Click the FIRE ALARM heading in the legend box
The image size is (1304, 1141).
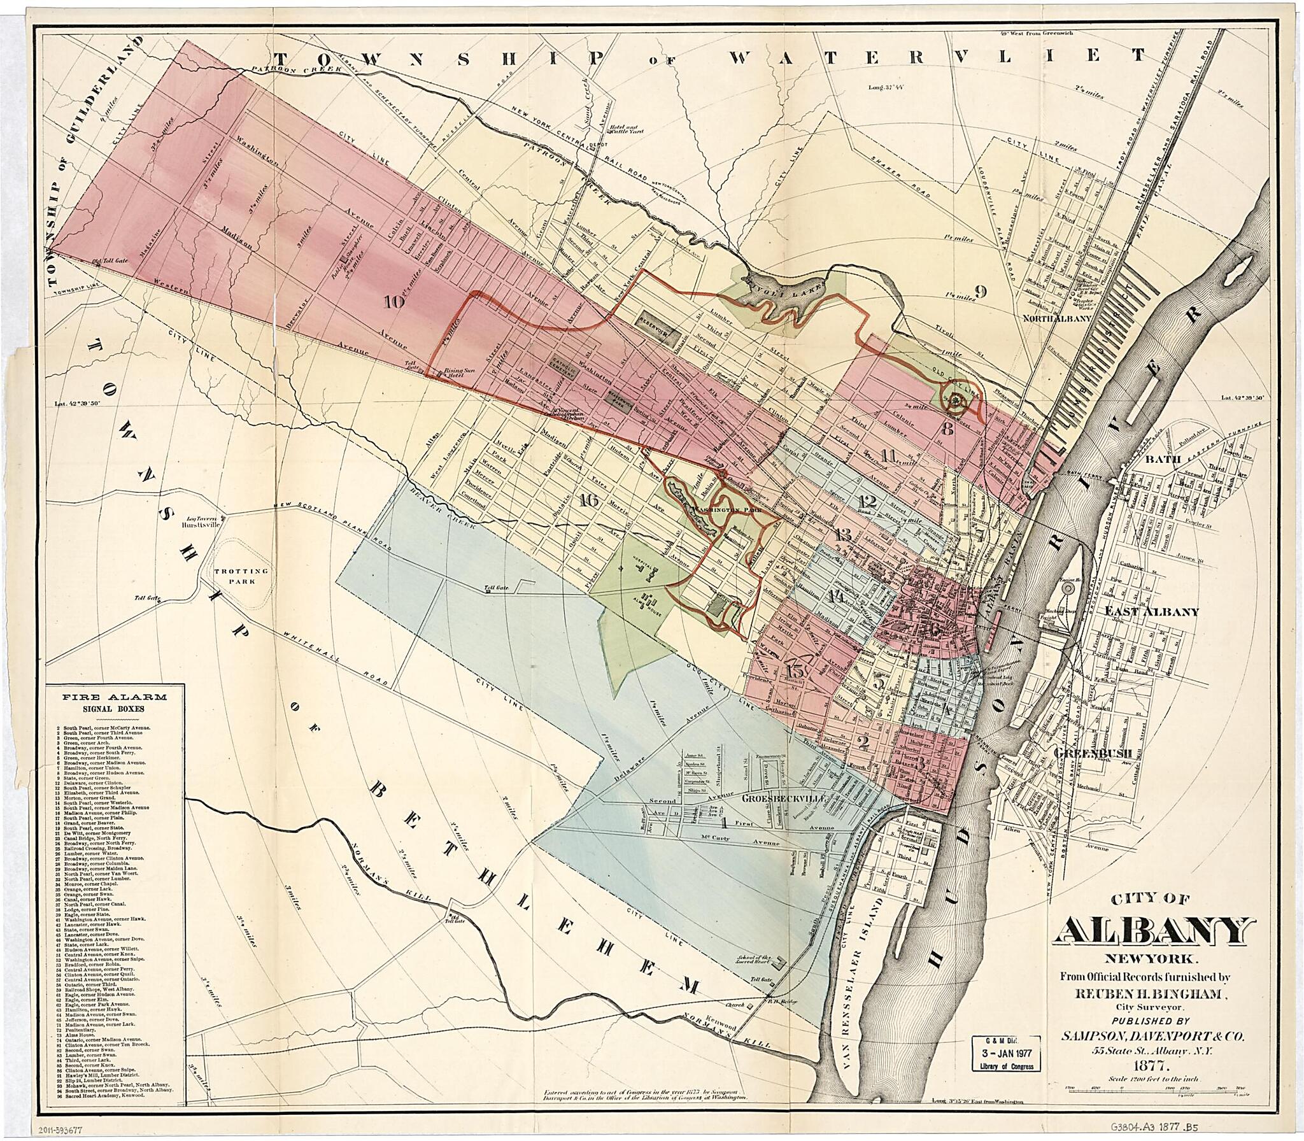click(x=115, y=697)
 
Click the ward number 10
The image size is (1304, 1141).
click(x=394, y=302)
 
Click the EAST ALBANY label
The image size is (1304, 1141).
click(x=1151, y=612)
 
